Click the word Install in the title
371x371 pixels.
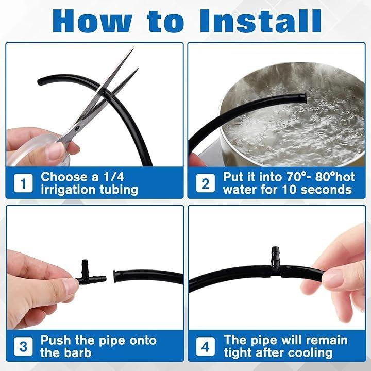point(261,21)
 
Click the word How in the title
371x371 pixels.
point(92,21)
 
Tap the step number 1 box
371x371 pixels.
point(23,183)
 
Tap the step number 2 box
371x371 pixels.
point(206,183)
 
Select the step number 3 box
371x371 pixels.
point(23,346)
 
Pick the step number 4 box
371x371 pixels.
point(206,346)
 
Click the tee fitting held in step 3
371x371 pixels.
point(91,275)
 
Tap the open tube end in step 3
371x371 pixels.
point(115,277)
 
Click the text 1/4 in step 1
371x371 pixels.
point(114,177)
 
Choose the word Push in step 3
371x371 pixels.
point(56,340)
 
